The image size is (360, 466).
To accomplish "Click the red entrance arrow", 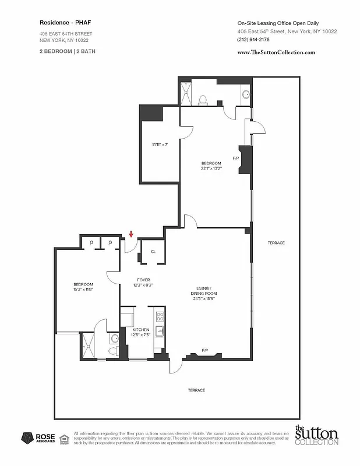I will [132, 234].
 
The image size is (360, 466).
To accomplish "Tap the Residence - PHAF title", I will [61, 22].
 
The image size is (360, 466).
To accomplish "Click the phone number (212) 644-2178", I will [255, 40].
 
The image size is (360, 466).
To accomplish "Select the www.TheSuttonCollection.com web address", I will [276, 52].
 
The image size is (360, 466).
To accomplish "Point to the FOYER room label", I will [143, 280].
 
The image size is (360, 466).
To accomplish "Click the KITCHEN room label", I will [141, 330].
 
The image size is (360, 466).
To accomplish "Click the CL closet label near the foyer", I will [153, 252].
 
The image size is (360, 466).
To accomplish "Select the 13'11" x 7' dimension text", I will [160, 144].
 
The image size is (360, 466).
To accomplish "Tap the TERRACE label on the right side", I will [276, 242].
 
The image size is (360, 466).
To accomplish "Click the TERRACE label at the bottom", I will [196, 390].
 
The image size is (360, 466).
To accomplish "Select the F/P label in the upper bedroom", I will [236, 158].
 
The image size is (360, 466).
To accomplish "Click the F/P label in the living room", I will [205, 350].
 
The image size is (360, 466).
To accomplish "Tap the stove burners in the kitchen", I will [160, 317].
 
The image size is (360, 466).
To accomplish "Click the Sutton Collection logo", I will [316, 436].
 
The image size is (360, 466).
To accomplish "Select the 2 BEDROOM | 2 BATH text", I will [68, 51].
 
